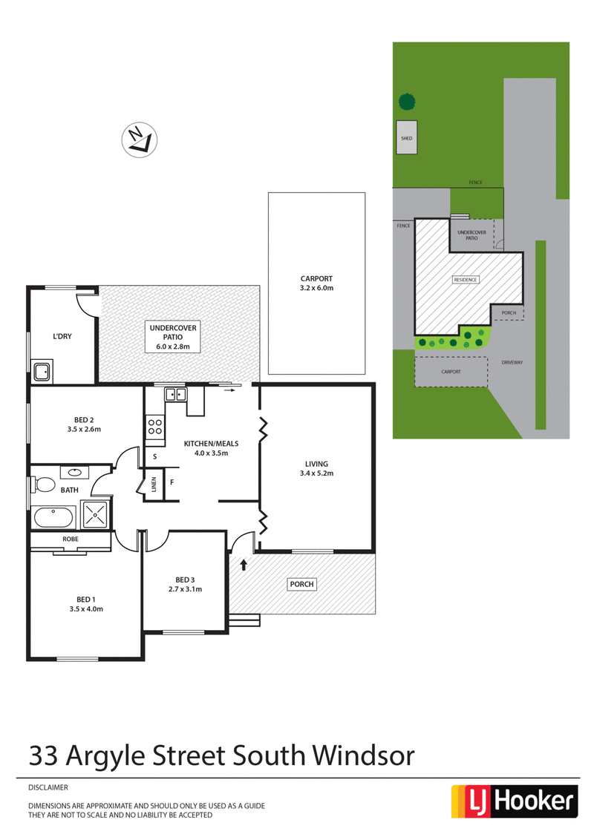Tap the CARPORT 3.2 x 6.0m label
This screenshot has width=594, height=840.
(316, 283)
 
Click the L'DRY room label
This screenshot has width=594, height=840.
(62, 336)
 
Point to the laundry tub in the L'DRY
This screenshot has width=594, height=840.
(42, 370)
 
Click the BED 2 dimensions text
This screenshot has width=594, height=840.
(83, 429)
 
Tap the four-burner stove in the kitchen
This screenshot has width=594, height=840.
(155, 426)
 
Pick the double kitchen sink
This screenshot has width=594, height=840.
(175, 394)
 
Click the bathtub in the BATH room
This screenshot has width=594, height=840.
(53, 516)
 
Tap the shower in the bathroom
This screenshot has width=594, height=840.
(95, 514)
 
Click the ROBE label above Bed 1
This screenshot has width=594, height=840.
(71, 539)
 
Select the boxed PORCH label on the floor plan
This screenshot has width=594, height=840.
(301, 584)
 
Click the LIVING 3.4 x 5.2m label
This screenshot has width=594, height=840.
(316, 468)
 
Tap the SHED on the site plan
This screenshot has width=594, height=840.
(406, 138)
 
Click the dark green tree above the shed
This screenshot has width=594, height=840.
(406, 102)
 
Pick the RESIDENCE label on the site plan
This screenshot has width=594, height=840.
(466, 280)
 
